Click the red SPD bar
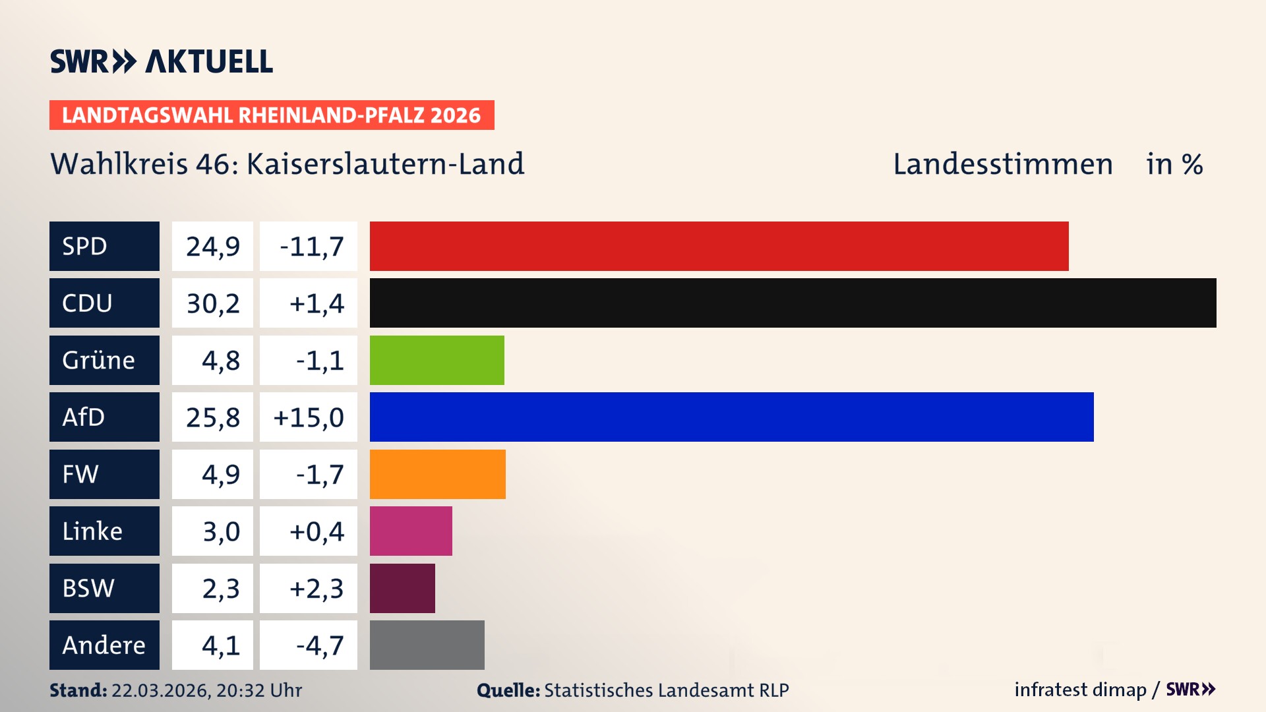pos(719,246)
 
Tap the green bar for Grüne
pos(437,360)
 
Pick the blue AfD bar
pos(731,417)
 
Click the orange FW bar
pos(437,474)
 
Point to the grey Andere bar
pos(427,645)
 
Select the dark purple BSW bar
pos(402,588)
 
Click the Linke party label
pos(92,531)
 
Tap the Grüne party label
pos(99,360)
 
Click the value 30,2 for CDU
pos(212,303)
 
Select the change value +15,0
pos(309,417)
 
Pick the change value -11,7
pos(311,247)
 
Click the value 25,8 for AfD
pos(212,417)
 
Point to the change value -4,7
pos(320,645)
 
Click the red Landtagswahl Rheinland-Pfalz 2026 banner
pos(271,115)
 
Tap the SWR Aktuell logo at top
pos(162,61)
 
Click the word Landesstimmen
pos(1002,164)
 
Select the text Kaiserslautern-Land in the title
pos(385,164)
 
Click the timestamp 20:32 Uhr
pos(258,690)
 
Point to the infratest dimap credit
pos(1079,690)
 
